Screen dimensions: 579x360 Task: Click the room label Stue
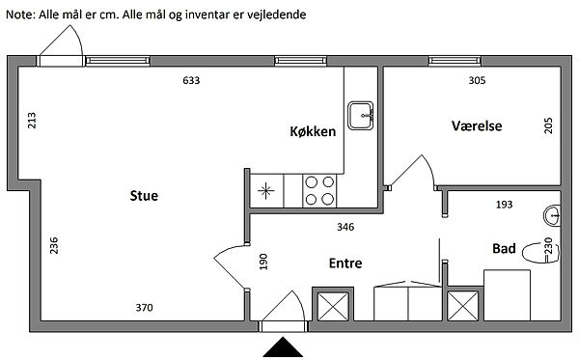coord(144,195)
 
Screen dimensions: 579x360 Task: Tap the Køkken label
coord(313,131)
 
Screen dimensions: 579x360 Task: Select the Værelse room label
coord(477,125)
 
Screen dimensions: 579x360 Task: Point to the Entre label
coord(345,263)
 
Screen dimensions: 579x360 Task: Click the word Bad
coord(504,248)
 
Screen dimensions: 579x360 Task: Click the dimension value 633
coord(191,80)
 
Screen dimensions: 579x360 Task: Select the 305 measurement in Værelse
coord(477,80)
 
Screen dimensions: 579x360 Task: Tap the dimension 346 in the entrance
coord(345,227)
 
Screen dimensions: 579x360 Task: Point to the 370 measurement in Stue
coord(144,307)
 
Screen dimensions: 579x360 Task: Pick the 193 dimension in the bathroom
coord(504,205)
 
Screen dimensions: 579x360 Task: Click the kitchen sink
coord(361,116)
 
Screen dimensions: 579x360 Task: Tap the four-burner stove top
coord(319,191)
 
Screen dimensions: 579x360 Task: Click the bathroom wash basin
coord(552,215)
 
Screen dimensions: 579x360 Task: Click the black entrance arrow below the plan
coord(283,347)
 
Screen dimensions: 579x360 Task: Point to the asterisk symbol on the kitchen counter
coord(266,191)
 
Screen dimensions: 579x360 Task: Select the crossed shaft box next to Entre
coord(333,306)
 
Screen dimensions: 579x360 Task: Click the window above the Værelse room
coord(455,61)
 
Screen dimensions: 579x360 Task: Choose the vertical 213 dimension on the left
coord(32,121)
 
